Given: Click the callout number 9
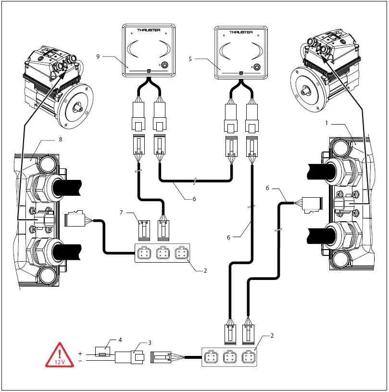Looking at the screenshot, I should (x=98, y=57).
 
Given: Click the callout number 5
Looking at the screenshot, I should (x=190, y=59).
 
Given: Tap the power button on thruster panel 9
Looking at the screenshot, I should (x=164, y=65).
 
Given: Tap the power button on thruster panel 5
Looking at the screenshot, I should (x=257, y=67).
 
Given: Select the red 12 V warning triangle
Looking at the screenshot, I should (x=60, y=356).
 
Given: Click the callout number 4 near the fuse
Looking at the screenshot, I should (x=120, y=340).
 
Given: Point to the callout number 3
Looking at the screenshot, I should (x=150, y=342).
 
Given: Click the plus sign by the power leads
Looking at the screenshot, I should (x=80, y=354).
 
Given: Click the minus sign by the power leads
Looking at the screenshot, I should (x=80, y=361).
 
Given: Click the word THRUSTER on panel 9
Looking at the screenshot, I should (x=148, y=30).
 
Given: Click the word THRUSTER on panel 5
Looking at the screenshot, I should (x=240, y=32).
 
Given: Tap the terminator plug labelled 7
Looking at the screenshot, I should (x=143, y=230).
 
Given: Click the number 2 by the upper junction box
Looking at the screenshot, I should (x=205, y=270).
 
